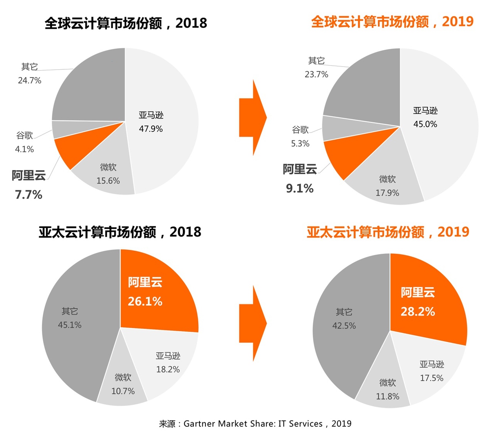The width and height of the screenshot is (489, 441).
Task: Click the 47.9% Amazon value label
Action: pos(150,129)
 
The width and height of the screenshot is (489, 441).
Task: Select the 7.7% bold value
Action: pos(29,195)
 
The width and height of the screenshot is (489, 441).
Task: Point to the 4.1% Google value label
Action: pos(24,149)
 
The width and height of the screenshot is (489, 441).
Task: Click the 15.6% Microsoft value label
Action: pos(108,181)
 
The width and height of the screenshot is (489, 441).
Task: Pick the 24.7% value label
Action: pos(29,80)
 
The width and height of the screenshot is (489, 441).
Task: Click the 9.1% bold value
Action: pos(300,188)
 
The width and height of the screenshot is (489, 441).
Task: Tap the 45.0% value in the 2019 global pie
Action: pos(425,124)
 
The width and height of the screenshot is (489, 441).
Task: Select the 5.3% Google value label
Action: pos(300,144)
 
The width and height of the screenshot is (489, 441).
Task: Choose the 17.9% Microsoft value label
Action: pos(387,193)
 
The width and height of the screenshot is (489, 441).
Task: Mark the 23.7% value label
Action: pos(316,74)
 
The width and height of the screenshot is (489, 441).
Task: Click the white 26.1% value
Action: pos(145,301)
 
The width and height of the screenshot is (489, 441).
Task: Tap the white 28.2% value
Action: pos(418,312)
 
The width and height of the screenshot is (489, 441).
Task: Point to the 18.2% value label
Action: pos(168,369)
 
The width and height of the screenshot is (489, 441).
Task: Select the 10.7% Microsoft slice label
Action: pos(123,391)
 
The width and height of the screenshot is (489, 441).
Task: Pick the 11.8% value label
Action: pos(387,396)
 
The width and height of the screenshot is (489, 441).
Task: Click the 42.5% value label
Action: pos(344,326)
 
